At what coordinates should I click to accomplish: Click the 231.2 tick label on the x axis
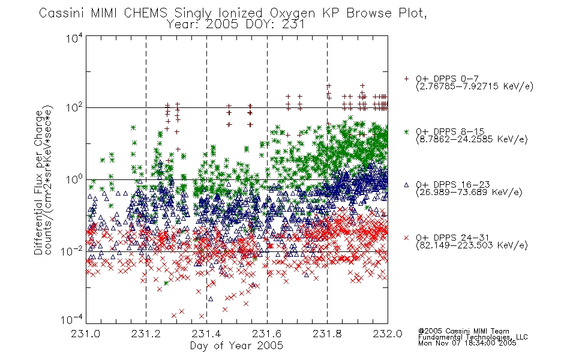(x=146, y=334)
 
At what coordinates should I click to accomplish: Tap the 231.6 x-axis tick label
(x=267, y=334)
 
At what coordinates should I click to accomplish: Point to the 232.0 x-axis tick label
(x=388, y=334)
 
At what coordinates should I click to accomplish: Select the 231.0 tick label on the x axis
(x=85, y=334)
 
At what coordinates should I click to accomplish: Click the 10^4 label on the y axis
(x=74, y=38)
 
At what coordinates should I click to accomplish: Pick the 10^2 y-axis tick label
(x=74, y=108)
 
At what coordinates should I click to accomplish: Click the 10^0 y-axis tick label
(x=74, y=179)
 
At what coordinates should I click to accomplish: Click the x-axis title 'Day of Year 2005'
(x=236, y=346)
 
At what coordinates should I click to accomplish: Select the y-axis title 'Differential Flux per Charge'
(x=38, y=182)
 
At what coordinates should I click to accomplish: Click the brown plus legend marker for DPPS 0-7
(x=406, y=79)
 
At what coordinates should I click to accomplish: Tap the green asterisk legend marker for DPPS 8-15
(x=406, y=131)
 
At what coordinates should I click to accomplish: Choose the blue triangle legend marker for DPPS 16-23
(x=406, y=185)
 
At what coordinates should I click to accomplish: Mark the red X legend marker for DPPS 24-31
(x=406, y=238)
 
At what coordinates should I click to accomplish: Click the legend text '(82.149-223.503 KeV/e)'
(x=472, y=245)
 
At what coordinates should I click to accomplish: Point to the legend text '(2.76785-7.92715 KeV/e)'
(x=475, y=86)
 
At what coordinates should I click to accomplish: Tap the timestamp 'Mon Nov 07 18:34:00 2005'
(x=467, y=343)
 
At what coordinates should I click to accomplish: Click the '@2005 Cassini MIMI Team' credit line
(x=463, y=331)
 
